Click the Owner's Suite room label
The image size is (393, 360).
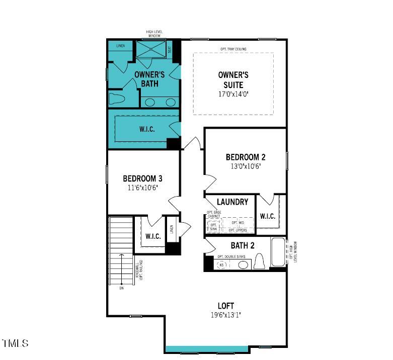click(x=233, y=79)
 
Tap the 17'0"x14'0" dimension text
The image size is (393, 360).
click(x=233, y=94)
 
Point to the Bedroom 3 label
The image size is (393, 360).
click(x=142, y=178)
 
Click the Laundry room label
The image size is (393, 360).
click(x=232, y=202)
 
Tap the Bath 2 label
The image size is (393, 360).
click(x=243, y=245)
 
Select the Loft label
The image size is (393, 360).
click(x=225, y=306)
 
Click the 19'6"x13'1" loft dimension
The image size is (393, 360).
click(x=225, y=315)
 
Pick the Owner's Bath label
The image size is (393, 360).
click(x=146, y=79)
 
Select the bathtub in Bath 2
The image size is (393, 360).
click(x=277, y=253)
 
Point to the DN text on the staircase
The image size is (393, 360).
click(x=121, y=288)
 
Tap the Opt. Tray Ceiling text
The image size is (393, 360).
click(x=233, y=49)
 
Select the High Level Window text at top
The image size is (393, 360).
click(x=153, y=34)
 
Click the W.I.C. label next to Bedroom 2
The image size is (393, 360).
click(x=267, y=216)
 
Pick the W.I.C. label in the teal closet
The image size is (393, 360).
click(x=147, y=129)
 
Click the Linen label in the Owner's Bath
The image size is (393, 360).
click(x=120, y=46)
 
